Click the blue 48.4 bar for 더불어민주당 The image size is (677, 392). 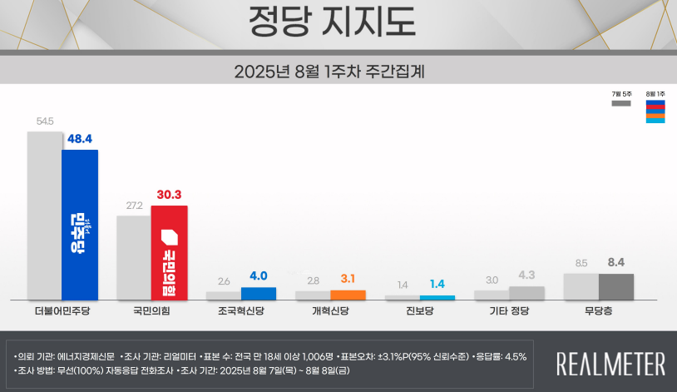pos(80,225)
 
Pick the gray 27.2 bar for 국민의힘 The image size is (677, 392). pos(133,257)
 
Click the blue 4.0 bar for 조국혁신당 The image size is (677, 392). pos(259,293)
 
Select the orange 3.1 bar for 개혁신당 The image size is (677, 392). pos(348,295)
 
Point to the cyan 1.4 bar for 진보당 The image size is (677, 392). pos(437,297)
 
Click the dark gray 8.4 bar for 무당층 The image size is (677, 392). pos(616,286)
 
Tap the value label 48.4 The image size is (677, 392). pos(80,139)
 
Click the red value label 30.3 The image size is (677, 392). pos(169,195)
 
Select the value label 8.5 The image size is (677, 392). pos(581,264)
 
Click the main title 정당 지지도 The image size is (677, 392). pos(332,23)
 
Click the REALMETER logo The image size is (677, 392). pos(610,364)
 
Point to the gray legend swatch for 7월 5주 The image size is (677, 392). pos(621,104)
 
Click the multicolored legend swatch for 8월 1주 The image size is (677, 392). pos(655,112)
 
